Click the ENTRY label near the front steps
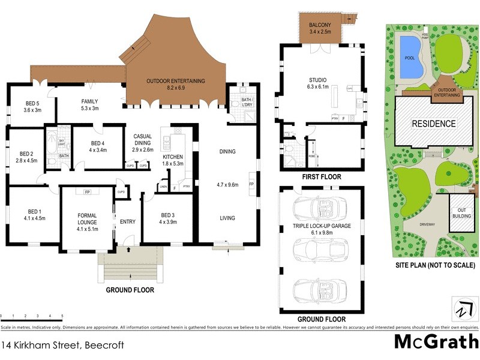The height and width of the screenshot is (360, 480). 127,221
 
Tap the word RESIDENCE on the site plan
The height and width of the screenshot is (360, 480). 433,124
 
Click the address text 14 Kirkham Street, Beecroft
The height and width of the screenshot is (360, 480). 53,346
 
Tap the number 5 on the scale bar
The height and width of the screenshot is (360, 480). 62,316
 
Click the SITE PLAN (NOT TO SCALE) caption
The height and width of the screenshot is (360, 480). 435,265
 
